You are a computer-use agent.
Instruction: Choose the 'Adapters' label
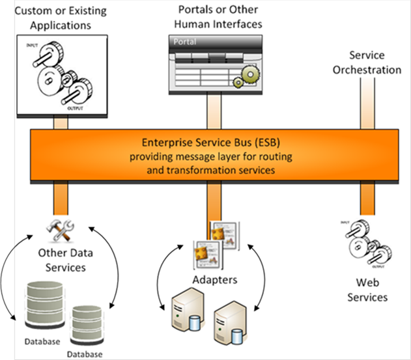pos(213,281)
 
